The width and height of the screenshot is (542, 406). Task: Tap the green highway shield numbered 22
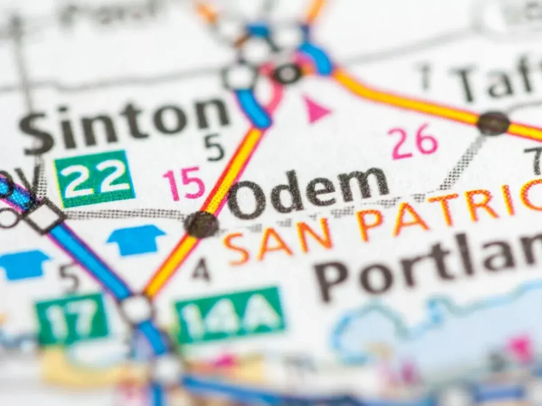[x=94, y=178]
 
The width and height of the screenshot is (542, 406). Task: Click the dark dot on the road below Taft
[x=493, y=123]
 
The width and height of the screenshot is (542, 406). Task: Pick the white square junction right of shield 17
[x=136, y=309]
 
